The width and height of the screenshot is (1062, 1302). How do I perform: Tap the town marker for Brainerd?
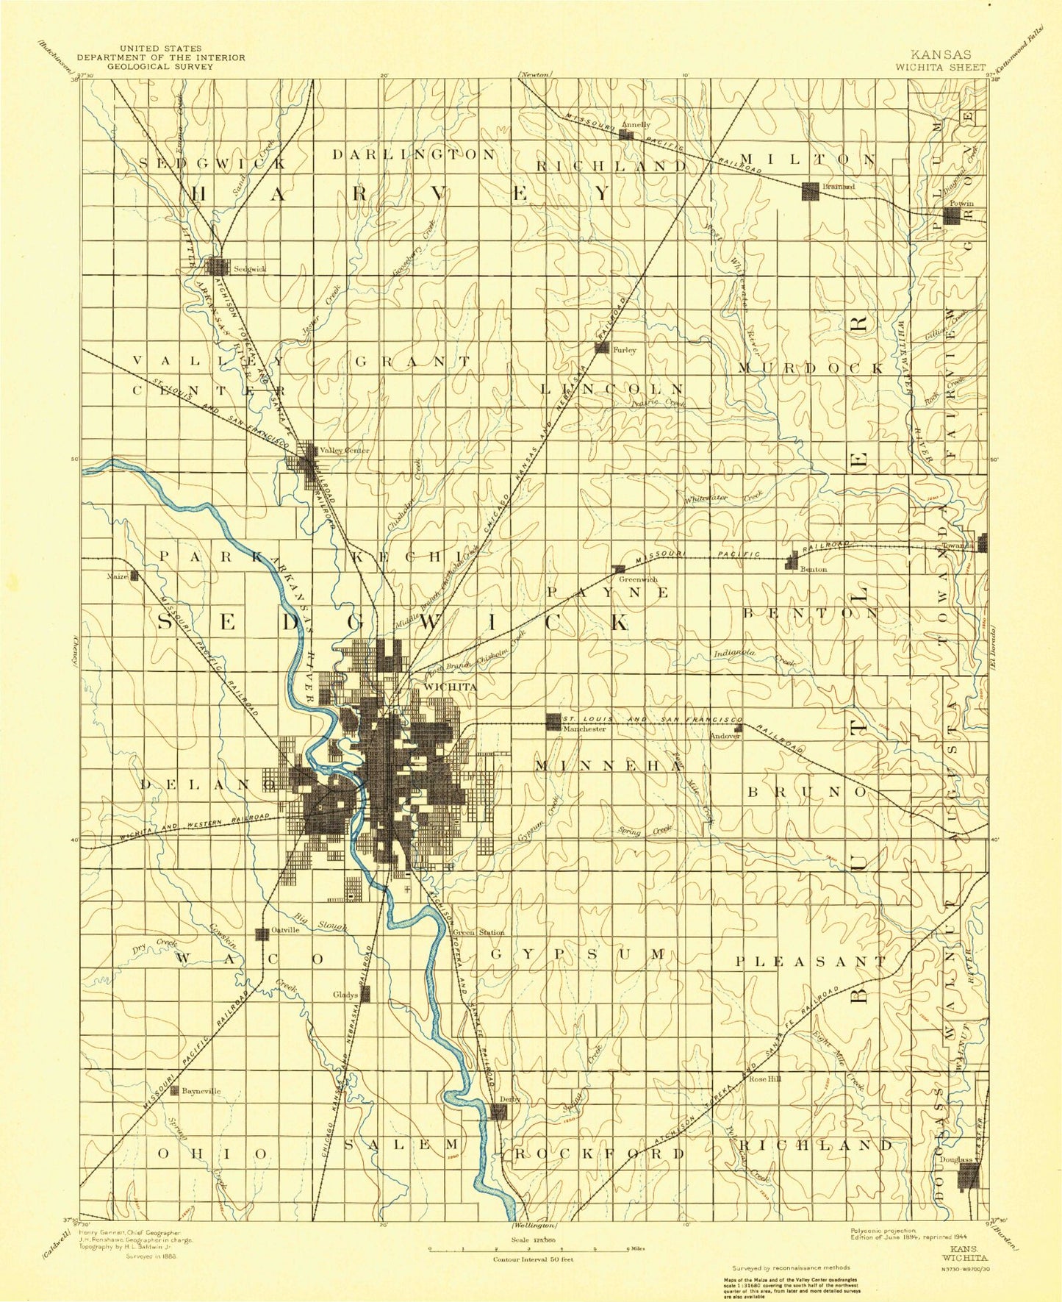[810, 191]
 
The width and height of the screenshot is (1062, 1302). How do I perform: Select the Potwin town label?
[961, 204]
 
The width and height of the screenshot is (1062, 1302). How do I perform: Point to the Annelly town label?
[636, 124]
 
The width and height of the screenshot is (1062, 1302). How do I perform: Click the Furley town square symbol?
[601, 347]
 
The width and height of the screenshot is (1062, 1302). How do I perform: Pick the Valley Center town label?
[345, 450]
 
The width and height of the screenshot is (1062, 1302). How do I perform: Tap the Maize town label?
[117, 576]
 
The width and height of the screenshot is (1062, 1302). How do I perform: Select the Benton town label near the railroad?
[814, 569]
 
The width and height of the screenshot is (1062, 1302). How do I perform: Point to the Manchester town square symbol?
[553, 721]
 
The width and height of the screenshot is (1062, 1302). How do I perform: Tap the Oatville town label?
[285, 929]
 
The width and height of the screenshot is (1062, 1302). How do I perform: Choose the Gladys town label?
[345, 995]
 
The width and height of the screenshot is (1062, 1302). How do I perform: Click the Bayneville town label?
[201, 1091]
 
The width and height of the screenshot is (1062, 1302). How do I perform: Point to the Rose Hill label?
[764, 1079]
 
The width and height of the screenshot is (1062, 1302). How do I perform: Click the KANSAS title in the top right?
[940, 54]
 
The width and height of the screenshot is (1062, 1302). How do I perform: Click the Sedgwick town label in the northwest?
[249, 268]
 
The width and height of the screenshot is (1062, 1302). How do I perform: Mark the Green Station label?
[478, 932]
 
